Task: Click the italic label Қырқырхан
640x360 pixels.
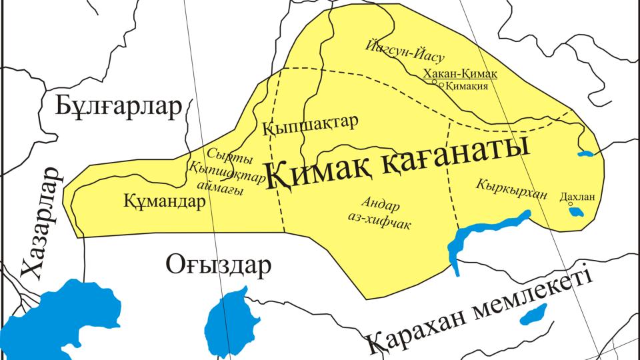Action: tap(511, 189)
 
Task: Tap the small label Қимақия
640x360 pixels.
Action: tap(467, 86)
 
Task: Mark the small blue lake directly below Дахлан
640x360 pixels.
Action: tap(575, 213)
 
